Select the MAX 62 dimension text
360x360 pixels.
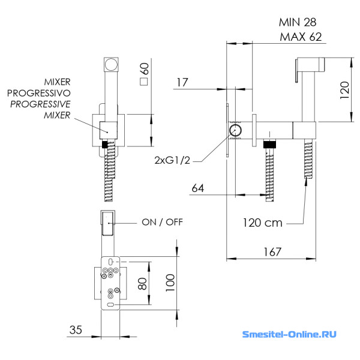(x=301, y=37)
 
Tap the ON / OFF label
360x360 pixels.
(x=162, y=222)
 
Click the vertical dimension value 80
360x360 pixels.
(x=143, y=283)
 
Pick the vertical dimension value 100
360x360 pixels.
(x=170, y=280)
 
